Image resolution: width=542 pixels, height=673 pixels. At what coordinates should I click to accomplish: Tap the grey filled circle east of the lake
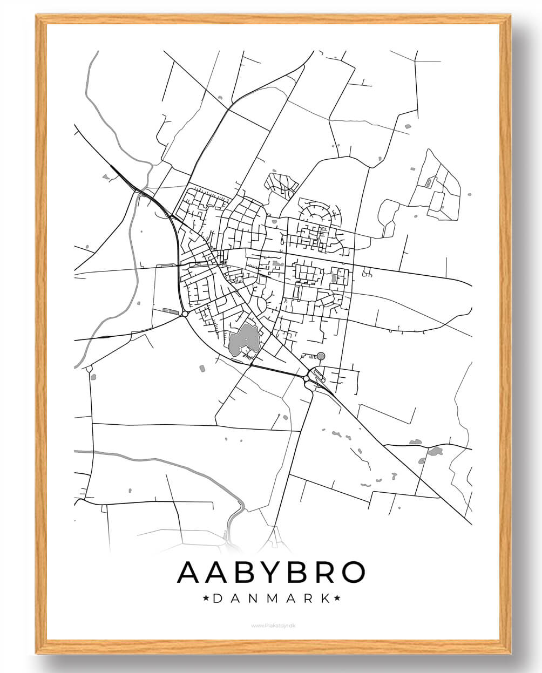point(321,356)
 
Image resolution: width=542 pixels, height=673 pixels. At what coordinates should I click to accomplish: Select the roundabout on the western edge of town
point(185,314)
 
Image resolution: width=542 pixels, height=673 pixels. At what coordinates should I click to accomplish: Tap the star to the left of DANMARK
point(206,598)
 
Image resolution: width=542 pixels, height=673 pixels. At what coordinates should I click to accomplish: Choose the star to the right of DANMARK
point(337,598)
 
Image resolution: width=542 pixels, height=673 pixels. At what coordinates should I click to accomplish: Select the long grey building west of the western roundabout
point(170,311)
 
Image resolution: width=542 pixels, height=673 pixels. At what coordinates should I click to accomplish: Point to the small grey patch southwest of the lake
point(202,369)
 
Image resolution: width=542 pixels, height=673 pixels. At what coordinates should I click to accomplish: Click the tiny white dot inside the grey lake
point(246,339)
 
